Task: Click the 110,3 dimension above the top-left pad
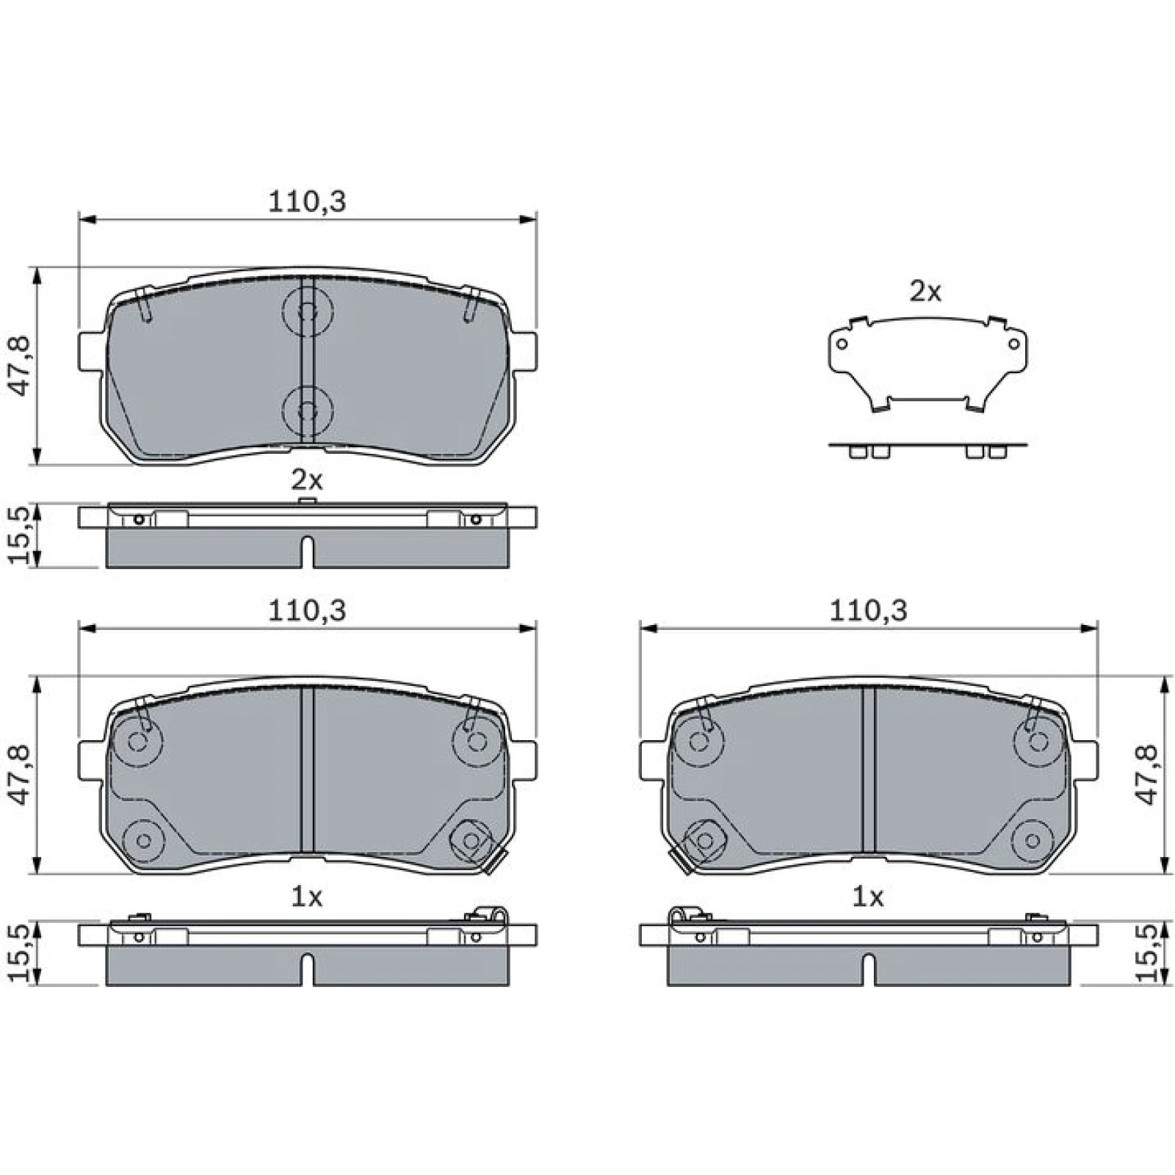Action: pos(306,201)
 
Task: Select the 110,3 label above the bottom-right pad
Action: pos(868,611)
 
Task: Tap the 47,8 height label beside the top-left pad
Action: pos(19,366)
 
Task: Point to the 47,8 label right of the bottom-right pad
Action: pos(1149,774)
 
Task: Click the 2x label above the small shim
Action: pos(925,292)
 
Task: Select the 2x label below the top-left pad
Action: pos(307,480)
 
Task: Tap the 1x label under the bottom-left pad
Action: pos(307,897)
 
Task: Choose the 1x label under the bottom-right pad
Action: pos(867,897)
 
